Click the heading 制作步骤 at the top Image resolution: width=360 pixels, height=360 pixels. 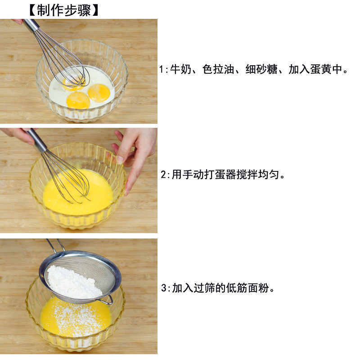64,10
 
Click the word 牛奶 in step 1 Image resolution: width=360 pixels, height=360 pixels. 181,69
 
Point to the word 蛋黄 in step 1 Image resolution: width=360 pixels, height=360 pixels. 321,69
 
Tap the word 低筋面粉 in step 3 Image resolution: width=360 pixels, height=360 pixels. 247,288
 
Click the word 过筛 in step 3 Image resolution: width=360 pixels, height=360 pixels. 204,288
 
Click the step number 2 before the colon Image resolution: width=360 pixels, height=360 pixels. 163,175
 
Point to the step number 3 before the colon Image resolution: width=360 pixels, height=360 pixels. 163,288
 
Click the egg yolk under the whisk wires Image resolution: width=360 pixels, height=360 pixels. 73,83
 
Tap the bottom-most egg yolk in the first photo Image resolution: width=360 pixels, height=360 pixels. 78,100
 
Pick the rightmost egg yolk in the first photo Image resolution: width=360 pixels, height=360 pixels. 99,93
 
